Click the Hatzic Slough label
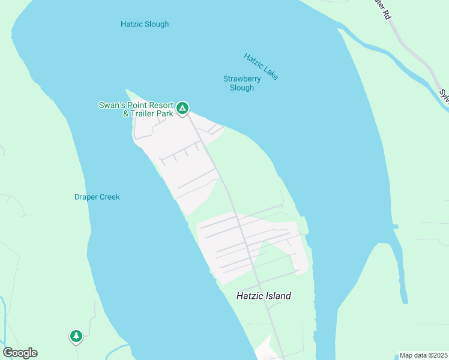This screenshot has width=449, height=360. (144, 25)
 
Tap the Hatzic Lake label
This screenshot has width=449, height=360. (261, 66)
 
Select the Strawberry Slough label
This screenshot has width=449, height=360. (242, 83)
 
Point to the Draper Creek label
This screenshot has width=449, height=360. (97, 197)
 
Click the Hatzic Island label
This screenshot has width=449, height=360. (264, 296)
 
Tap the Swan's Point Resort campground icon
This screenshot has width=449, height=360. (182, 109)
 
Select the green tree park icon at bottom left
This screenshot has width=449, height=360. (76, 336)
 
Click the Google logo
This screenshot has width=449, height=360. (20, 353)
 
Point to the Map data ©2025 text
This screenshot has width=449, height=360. (423, 355)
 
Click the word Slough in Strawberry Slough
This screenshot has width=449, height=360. (242, 88)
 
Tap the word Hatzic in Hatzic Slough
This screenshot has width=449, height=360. (131, 25)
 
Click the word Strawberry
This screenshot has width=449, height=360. (242, 79)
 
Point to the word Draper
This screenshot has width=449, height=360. (85, 197)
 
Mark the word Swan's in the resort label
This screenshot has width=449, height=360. (112, 106)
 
